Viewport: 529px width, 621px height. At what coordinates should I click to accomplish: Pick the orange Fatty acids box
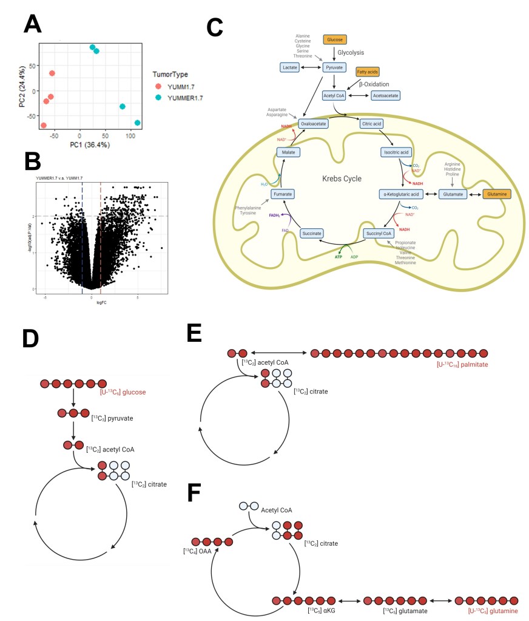(x=367, y=72)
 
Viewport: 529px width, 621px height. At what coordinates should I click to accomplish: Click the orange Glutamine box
(x=496, y=194)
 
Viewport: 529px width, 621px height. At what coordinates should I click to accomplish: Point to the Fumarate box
(x=285, y=194)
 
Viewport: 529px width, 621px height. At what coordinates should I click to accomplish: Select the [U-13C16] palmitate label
(x=462, y=364)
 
